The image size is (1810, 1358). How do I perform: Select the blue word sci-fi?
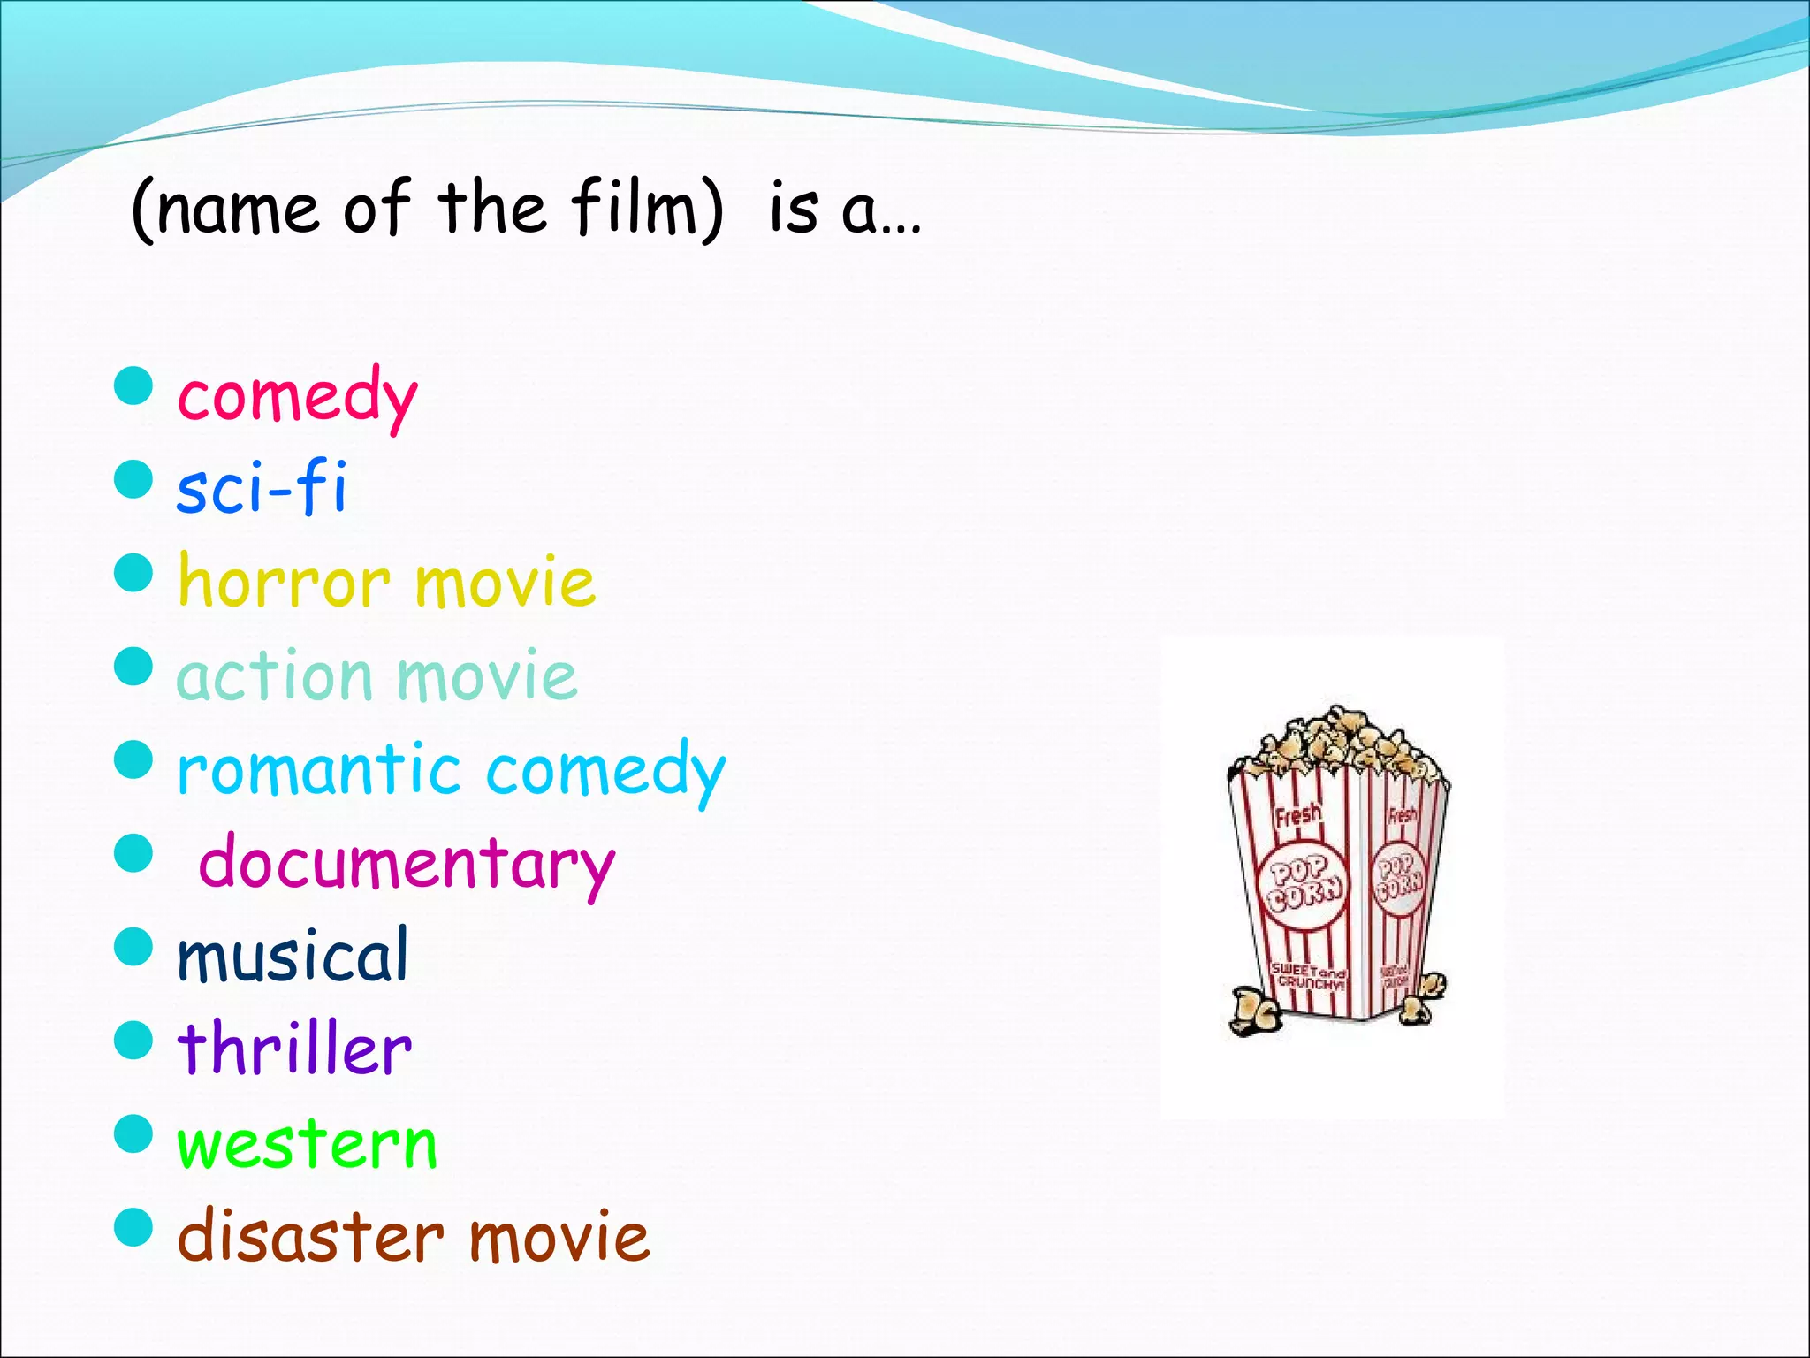(x=262, y=488)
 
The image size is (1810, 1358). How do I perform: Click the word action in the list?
(x=274, y=677)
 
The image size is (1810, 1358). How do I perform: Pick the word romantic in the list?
(x=318, y=769)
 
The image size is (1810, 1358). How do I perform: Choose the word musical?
(x=293, y=956)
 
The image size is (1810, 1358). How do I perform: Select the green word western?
(x=307, y=1144)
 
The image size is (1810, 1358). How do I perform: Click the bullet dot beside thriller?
(x=134, y=1040)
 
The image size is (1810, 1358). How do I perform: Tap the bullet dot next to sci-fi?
(x=134, y=479)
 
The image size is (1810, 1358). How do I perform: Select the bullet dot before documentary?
(x=134, y=853)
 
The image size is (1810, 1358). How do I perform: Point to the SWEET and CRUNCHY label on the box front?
(x=1309, y=975)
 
